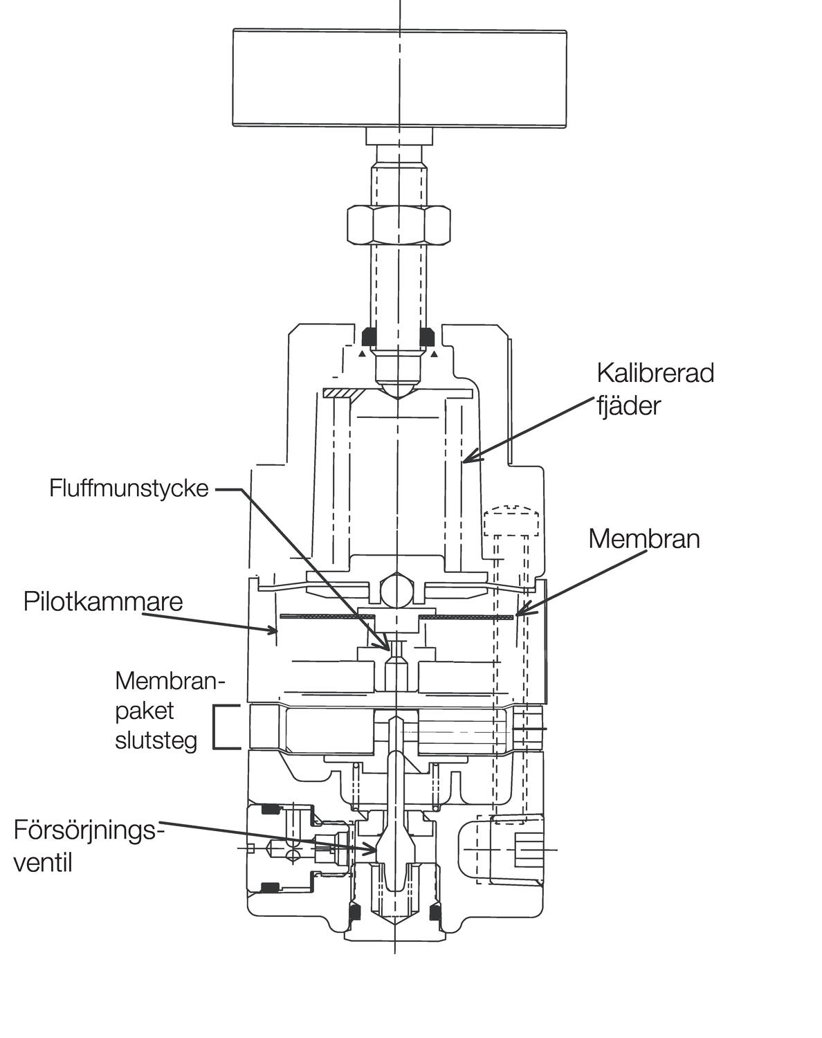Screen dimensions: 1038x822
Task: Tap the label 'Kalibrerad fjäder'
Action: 655,389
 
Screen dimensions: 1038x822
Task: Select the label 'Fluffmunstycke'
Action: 129,489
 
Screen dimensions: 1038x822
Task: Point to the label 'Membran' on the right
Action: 643,538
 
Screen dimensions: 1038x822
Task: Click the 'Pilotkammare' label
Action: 103,601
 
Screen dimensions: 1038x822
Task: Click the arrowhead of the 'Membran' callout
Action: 520,613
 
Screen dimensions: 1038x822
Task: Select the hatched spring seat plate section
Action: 340,393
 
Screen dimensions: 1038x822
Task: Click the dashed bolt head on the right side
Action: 511,522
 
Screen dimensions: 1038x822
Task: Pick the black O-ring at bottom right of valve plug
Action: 435,914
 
